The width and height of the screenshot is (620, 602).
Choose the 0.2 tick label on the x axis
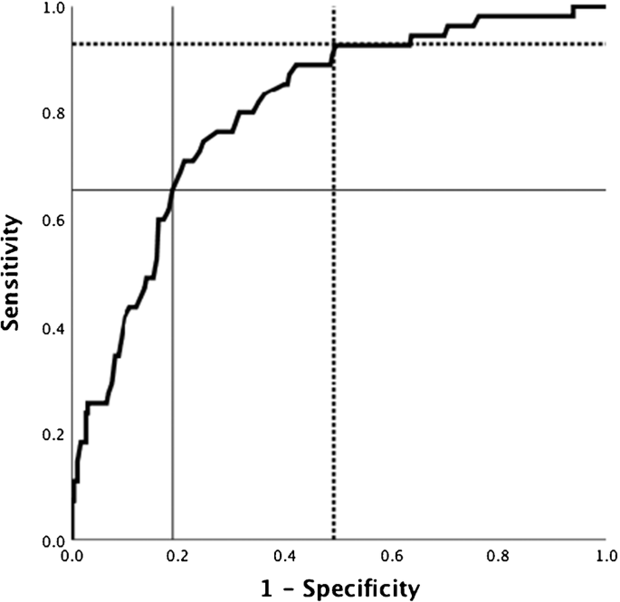(179, 555)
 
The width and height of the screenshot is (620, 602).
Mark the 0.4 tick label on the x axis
(286, 555)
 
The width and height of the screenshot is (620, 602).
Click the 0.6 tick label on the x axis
(392, 555)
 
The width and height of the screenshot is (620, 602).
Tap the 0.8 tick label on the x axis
(499, 555)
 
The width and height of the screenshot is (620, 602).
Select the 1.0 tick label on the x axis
(605, 555)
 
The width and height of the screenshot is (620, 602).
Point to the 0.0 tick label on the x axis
(72, 555)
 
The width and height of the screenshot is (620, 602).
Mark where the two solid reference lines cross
(173, 190)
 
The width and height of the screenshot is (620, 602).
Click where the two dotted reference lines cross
(334, 43)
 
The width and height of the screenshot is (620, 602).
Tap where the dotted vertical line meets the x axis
(334, 540)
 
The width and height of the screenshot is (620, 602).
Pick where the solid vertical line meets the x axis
(173, 540)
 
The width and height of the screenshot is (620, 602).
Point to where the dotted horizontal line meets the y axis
(72, 43)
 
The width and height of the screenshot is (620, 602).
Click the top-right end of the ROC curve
(605, 6)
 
